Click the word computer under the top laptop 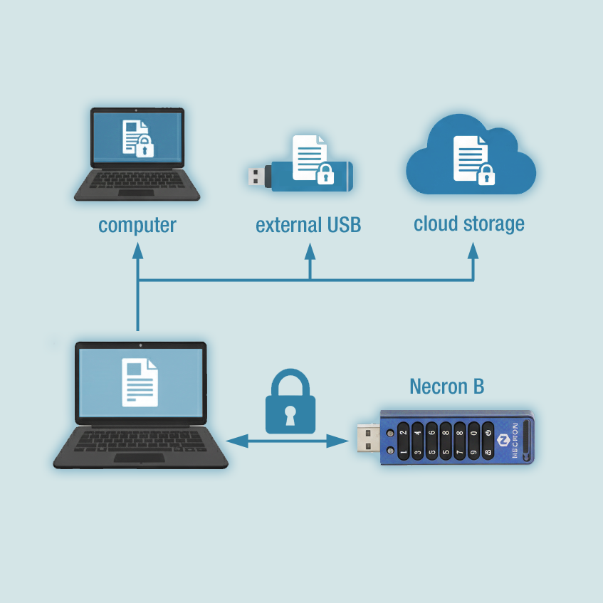click(137, 226)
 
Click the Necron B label click(447, 386)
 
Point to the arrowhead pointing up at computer click(137, 251)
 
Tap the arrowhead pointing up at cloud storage click(473, 251)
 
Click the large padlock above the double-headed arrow click(290, 401)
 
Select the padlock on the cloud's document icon click(486, 174)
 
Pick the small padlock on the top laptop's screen click(145, 146)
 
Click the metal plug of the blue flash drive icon click(256, 177)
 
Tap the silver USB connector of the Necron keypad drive click(368, 438)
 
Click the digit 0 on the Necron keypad click(474, 433)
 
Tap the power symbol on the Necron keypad click(488, 433)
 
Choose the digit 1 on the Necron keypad click(403, 452)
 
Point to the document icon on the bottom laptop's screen click(140, 382)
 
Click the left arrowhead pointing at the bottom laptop click(236, 441)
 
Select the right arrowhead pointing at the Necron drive click(337, 441)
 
